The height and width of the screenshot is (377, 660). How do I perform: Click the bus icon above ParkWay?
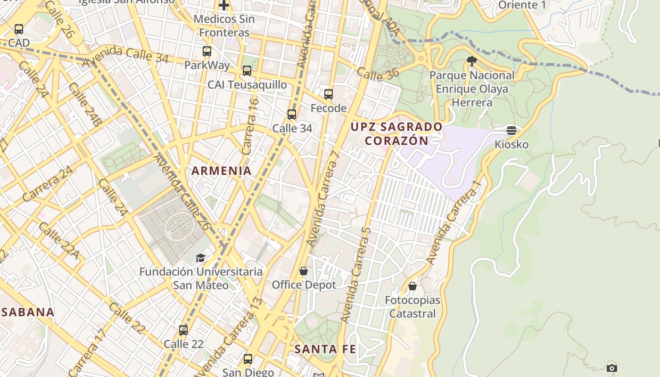207,51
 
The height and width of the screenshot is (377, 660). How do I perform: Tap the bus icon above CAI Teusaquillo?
247,71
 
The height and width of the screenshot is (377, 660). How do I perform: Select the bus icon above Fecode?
329,94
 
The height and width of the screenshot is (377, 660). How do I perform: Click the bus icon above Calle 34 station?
292,115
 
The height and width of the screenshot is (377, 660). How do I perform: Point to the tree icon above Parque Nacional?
471,61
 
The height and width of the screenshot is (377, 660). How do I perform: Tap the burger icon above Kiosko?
511,130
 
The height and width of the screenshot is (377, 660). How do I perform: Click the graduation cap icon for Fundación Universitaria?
201,258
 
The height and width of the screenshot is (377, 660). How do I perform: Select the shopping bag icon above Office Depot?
304,271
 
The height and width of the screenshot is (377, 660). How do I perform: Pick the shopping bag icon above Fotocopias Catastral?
412,286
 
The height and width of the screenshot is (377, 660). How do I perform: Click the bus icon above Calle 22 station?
183,330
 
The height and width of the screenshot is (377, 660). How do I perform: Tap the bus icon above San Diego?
248,359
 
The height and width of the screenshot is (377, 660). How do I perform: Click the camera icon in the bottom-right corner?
612,368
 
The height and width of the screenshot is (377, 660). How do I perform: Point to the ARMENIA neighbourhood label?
222,171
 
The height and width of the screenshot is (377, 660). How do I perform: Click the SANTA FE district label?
325,349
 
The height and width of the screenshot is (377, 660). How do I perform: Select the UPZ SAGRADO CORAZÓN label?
396,133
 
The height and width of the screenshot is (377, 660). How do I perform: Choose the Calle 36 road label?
378,73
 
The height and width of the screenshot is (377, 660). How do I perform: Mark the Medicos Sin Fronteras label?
224,26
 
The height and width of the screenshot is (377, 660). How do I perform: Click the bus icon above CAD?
19,29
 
